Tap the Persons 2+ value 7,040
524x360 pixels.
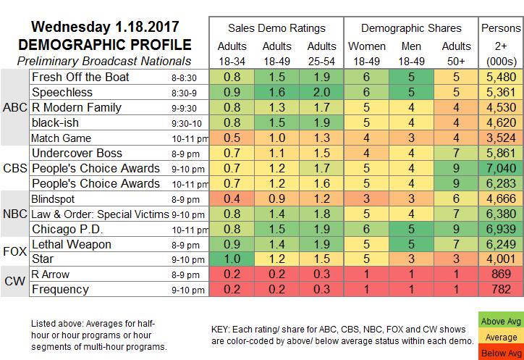[501, 167]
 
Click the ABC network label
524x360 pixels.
[14, 107]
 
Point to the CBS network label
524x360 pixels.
[14, 168]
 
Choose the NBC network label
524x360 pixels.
[14, 214]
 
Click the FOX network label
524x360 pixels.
[14, 252]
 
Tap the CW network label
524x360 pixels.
[14, 282]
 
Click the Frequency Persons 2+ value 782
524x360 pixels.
[501, 290]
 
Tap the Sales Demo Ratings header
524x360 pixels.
[276, 28]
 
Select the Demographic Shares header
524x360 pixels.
[411, 28]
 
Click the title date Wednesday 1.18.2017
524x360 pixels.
[104, 28]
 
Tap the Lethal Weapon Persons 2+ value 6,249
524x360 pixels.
[501, 245]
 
